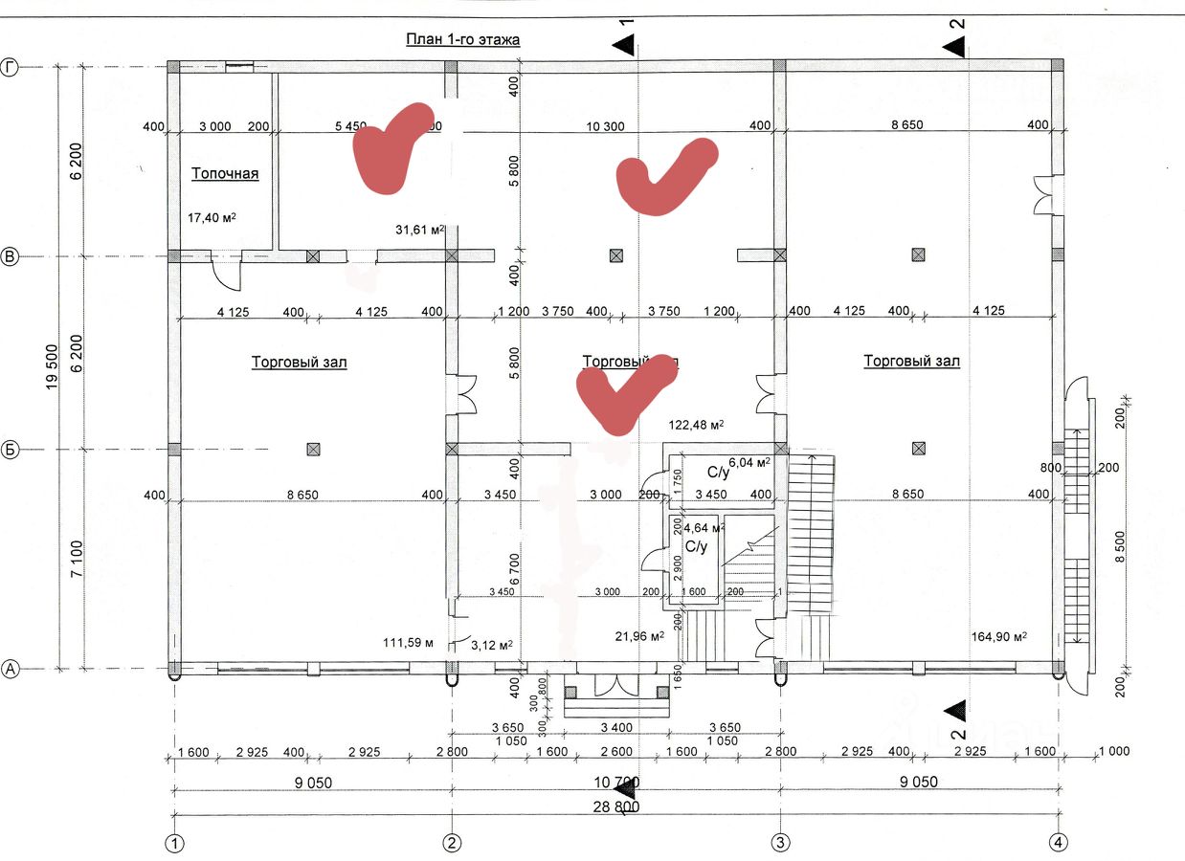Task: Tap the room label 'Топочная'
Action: coord(225,174)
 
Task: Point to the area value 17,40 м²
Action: coord(212,218)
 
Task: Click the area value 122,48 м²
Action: coord(695,425)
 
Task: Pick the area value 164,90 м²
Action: coord(998,637)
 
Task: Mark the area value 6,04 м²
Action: coord(749,463)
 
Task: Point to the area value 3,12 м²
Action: coord(492,644)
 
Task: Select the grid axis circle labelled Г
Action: coord(11,67)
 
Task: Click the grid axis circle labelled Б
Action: coord(11,450)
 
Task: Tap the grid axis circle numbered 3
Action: coord(780,843)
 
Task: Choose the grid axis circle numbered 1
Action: coord(174,843)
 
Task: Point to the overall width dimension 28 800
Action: coord(615,806)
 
